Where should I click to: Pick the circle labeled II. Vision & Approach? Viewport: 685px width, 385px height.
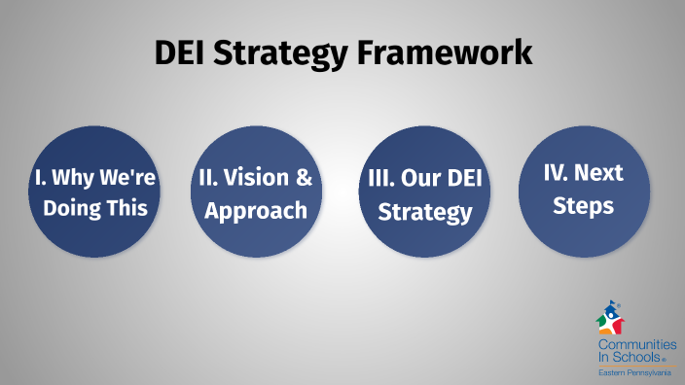tap(254, 193)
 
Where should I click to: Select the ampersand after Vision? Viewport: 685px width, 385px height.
tap(303, 178)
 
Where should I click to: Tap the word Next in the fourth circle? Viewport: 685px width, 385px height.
tap(597, 174)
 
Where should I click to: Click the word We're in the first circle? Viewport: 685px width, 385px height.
tap(120, 178)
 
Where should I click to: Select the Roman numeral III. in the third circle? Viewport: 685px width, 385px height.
tap(381, 180)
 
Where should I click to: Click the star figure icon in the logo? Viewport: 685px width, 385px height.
tap(610, 320)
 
